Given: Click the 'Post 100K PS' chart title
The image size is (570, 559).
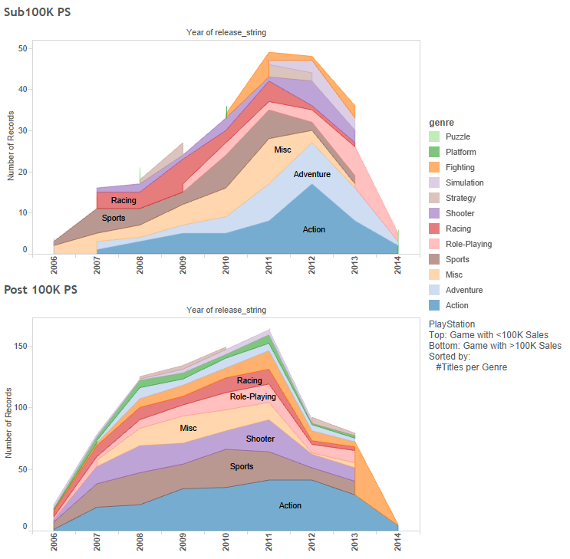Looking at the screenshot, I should (41, 290).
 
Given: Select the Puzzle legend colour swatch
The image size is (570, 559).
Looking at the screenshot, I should (436, 136).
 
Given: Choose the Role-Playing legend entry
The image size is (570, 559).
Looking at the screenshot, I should (469, 244).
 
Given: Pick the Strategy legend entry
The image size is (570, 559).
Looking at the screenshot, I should (460, 198).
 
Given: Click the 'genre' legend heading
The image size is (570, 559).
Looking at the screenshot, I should (441, 122).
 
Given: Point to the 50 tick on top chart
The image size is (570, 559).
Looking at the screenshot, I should (23, 48).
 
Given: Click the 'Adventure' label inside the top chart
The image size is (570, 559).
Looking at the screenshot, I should (312, 174).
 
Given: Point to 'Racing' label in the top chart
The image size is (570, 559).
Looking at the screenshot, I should (124, 201).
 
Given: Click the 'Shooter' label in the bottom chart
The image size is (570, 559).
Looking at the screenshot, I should (260, 439).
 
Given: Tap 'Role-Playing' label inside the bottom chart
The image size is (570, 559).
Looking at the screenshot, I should (253, 397).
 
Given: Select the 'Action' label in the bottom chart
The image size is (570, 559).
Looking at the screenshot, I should (290, 505).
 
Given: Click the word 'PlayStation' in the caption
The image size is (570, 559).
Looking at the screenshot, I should (452, 324).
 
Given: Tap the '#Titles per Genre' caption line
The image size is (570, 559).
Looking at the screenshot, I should (471, 367).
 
